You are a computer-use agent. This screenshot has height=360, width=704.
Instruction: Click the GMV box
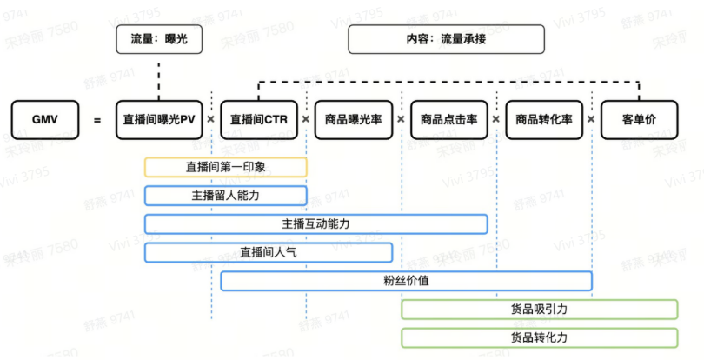44,119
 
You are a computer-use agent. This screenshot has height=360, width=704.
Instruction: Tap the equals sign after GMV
97,119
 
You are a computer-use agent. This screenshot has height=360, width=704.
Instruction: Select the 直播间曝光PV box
158,119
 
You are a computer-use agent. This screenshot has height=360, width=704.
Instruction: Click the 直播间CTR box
259,119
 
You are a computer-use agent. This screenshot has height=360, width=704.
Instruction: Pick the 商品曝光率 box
354,119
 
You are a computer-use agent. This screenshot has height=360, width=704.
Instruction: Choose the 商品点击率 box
449,119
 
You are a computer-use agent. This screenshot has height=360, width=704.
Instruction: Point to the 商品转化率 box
544,119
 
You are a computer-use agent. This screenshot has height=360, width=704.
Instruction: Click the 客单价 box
639,119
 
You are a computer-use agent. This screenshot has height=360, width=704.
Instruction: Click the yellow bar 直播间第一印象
226,167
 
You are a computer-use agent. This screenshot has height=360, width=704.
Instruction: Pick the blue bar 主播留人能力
226,196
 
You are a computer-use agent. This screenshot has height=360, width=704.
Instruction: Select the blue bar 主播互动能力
315,223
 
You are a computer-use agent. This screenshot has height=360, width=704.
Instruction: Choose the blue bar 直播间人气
269,252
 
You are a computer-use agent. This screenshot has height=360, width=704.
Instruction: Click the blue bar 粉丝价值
406,281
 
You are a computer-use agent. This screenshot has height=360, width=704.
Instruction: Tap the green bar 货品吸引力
539,310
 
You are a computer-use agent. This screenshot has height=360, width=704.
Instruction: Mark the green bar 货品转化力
539,337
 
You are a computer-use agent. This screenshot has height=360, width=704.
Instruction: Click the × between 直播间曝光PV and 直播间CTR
211,119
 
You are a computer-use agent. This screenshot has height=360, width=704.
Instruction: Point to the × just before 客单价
591,119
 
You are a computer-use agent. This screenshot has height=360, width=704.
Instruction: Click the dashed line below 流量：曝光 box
158,77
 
